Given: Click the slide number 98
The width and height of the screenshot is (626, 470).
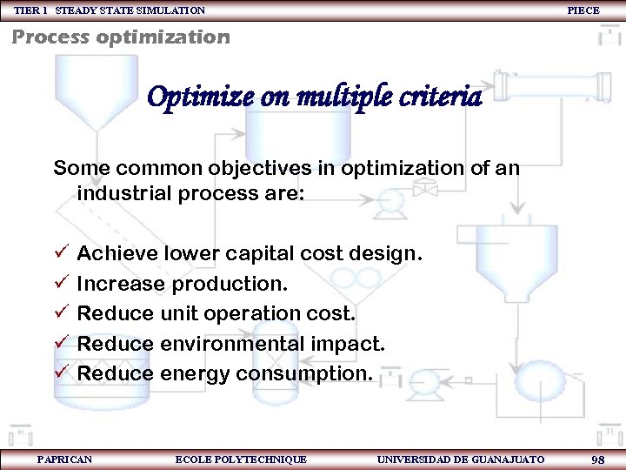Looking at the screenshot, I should click(x=597, y=459).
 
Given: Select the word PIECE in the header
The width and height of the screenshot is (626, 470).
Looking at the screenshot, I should click(x=583, y=10).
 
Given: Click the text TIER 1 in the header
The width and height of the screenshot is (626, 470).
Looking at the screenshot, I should click(x=30, y=10).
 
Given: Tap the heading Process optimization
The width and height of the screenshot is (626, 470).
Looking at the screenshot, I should click(x=121, y=37).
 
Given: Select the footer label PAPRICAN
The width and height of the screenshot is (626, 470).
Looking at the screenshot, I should click(x=64, y=459).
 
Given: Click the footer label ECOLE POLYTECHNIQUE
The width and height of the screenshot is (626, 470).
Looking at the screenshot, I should click(x=241, y=459).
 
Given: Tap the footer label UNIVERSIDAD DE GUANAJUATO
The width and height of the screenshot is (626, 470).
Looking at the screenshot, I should click(x=461, y=459).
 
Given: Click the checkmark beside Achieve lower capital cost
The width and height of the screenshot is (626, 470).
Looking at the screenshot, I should click(x=60, y=253).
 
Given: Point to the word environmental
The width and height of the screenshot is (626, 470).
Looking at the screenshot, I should click(x=232, y=344).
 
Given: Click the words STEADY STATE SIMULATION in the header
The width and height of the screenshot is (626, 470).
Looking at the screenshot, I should click(x=130, y=10).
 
